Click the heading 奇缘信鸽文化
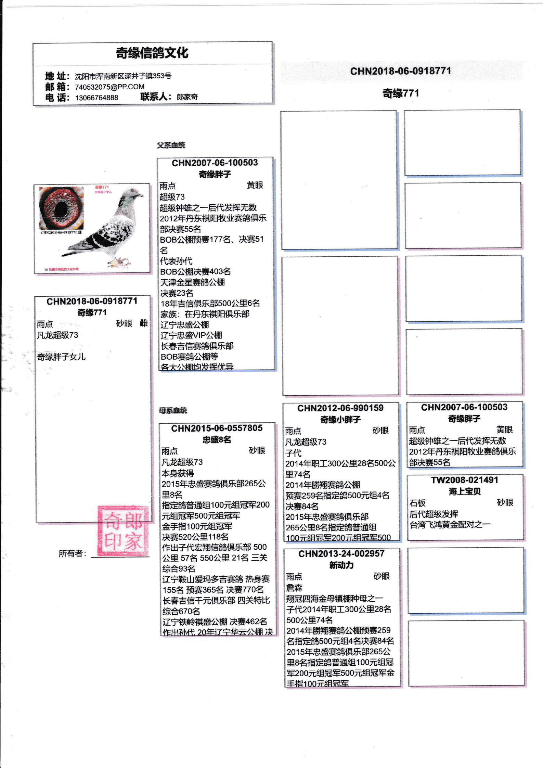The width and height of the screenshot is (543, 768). [152, 53]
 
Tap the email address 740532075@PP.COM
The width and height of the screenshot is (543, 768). [109, 87]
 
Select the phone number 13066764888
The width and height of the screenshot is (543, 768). [96, 98]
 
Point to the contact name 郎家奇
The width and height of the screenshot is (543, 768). [187, 97]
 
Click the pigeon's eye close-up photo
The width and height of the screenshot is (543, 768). [61, 208]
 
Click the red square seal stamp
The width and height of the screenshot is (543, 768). [123, 530]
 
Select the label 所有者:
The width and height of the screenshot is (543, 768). [72, 553]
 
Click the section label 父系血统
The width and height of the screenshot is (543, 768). [171, 145]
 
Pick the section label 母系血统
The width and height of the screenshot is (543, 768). [173, 410]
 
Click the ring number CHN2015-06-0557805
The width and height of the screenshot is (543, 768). [217, 428]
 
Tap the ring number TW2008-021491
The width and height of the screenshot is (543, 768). [465, 480]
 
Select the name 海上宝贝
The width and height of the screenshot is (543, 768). [465, 491]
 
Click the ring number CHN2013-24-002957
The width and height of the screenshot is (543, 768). [341, 553]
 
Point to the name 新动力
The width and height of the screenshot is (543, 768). [341, 565]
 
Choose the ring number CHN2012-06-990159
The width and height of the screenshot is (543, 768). [340, 408]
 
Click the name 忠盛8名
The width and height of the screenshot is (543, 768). [217, 439]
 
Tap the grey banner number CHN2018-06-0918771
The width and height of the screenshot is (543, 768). [401, 71]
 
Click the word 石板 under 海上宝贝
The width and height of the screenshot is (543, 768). [417, 503]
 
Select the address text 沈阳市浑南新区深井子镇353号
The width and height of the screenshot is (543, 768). [123, 76]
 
